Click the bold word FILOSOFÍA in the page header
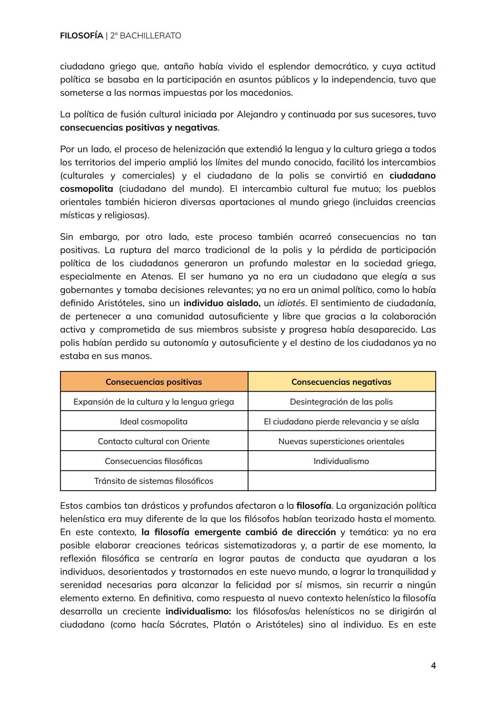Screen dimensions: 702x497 [x=81, y=35]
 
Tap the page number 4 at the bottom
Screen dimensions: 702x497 [x=433, y=666]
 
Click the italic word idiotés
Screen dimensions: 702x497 [x=291, y=303]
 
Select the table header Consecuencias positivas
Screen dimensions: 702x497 [x=154, y=382]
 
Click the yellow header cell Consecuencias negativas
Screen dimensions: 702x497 [x=341, y=382]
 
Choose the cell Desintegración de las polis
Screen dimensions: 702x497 [x=341, y=402]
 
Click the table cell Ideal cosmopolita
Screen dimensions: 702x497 [x=154, y=422]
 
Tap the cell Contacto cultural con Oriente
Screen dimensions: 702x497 [x=154, y=441]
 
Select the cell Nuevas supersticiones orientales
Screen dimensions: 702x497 [x=341, y=441]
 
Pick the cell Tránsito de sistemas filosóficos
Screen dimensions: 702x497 [x=154, y=481]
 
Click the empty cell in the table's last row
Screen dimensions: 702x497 [x=341, y=481]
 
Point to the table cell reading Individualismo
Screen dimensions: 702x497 [x=341, y=461]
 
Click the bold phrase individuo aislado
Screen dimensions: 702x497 [x=222, y=303]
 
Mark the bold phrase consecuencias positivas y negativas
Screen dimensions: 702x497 [x=139, y=128]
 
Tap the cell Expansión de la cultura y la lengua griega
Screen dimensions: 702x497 [x=154, y=402]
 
